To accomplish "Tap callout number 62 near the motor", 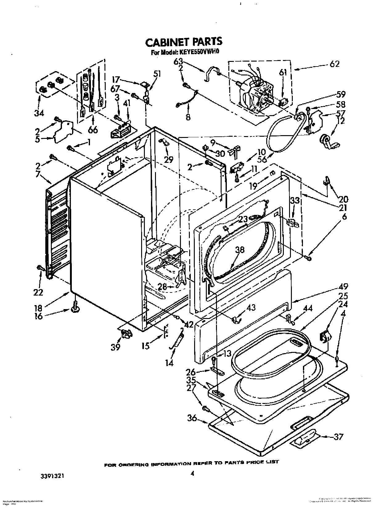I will tap(334, 64).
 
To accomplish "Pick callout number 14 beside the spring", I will tap(169, 363).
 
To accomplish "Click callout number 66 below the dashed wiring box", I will tap(92, 129).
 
